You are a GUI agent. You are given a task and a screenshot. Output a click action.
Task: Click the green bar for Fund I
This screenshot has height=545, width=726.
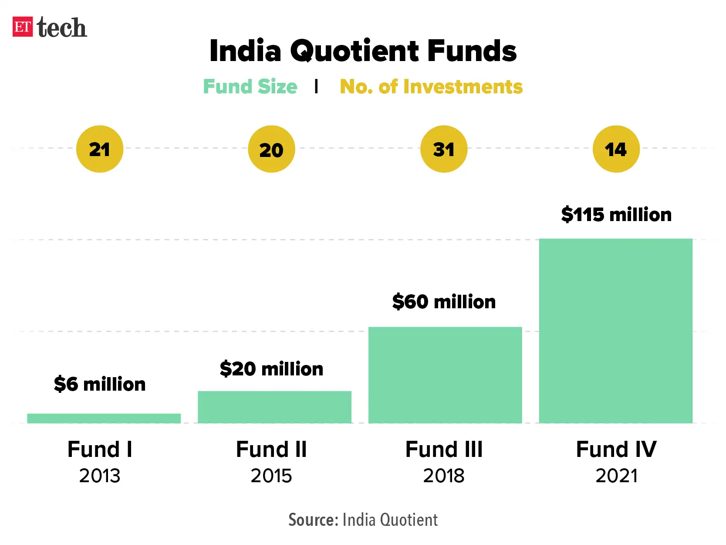(104, 418)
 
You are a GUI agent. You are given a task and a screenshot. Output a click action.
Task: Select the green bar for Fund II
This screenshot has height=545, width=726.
(274, 407)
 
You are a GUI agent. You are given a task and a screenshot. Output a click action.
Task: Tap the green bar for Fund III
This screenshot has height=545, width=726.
(445, 375)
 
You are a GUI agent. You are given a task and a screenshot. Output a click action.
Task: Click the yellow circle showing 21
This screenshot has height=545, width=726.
(100, 149)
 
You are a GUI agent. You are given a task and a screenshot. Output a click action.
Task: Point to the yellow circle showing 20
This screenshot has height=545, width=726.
(271, 149)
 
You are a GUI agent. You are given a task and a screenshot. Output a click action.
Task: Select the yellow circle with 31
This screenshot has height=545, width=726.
(444, 149)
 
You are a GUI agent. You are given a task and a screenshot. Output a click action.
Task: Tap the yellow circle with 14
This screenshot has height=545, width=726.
(616, 149)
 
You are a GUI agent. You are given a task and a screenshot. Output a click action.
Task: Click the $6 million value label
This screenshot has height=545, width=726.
(100, 384)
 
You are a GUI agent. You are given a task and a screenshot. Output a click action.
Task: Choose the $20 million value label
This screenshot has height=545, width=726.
(271, 369)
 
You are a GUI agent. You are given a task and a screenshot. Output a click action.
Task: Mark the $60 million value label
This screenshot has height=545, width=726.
(444, 302)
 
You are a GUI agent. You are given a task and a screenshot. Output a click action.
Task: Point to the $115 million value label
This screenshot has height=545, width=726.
(616, 215)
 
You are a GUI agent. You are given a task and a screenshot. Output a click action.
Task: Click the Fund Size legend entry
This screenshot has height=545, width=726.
(250, 86)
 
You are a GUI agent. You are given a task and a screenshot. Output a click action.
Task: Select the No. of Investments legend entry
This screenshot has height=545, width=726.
(431, 86)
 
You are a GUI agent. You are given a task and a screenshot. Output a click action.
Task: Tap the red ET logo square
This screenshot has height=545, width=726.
(23, 27)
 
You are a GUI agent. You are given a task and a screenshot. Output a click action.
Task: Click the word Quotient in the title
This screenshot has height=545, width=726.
(355, 51)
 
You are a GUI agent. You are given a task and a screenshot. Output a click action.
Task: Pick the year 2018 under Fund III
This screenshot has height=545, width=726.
(444, 476)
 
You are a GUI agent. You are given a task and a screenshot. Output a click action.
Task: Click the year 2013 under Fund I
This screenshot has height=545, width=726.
(100, 476)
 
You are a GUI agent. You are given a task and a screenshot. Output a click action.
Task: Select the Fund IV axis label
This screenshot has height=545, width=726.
(616, 450)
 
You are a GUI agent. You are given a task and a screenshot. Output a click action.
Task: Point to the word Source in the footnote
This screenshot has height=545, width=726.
(313, 520)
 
